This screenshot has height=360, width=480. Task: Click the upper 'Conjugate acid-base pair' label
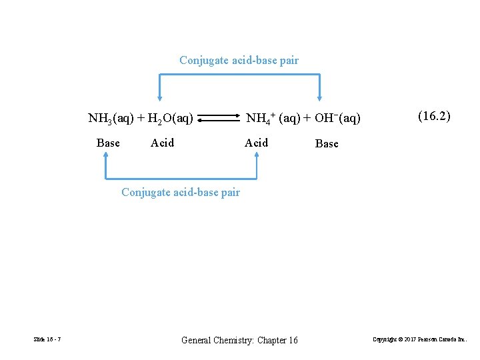point(239,61)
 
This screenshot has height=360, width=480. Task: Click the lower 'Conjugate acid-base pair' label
point(180,193)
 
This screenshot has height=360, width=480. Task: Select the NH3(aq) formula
point(110,119)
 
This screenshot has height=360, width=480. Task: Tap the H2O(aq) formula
point(171,119)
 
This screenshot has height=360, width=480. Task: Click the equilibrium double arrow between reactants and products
point(219,119)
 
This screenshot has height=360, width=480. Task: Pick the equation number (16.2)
point(434,116)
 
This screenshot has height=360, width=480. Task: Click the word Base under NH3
point(108,143)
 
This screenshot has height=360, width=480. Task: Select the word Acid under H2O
point(163,143)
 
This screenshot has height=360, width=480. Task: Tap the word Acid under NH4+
point(256,143)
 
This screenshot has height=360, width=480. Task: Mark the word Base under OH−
point(327,143)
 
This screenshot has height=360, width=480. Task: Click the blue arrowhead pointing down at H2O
point(159,97)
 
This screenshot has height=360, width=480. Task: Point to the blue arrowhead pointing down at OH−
point(320,97)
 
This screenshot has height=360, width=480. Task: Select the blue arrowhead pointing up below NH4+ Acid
point(257,155)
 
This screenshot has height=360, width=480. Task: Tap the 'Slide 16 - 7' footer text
point(47,340)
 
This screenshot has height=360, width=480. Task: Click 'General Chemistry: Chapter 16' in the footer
point(239,341)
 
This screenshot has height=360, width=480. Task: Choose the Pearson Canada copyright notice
point(419,340)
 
